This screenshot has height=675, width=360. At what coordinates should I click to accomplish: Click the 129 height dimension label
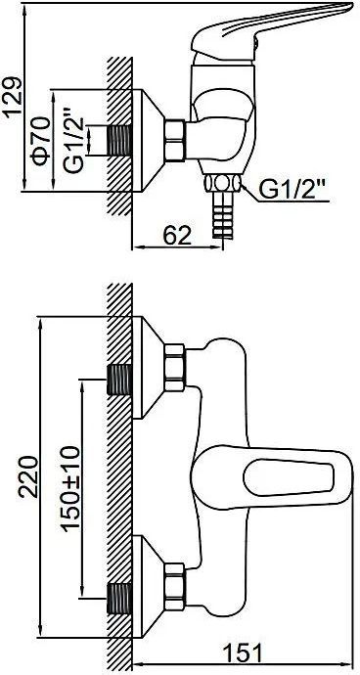(x=12, y=96)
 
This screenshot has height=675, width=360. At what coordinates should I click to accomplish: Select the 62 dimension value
(x=177, y=236)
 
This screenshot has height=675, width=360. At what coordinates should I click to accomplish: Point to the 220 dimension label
(x=27, y=477)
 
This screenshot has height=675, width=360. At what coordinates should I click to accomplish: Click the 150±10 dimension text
(x=70, y=489)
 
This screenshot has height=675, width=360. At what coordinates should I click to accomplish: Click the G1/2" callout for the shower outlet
(x=293, y=190)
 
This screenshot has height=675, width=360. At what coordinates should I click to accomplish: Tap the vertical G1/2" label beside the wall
(x=72, y=141)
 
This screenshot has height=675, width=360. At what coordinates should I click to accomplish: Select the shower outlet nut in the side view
(x=222, y=183)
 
